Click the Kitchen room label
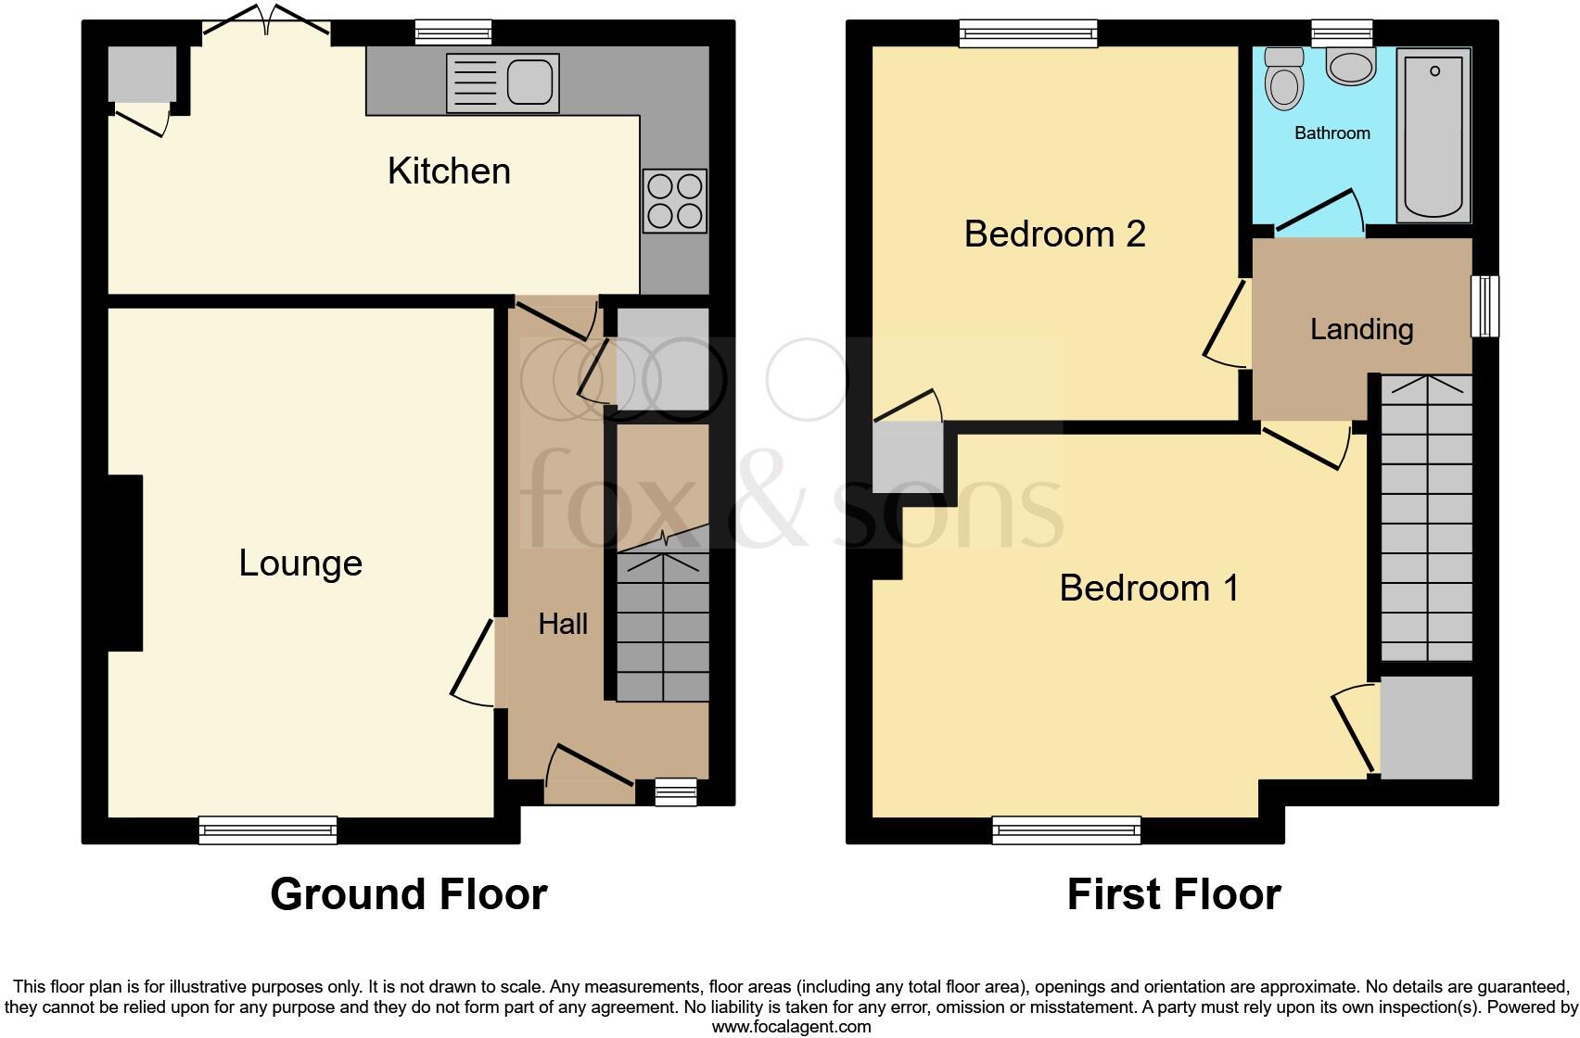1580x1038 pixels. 449,171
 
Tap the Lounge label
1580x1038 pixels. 300,563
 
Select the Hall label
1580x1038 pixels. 563,624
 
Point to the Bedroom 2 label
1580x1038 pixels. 1054,234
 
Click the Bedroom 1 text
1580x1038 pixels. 1149,589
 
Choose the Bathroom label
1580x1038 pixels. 1332,133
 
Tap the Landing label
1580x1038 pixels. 1361,329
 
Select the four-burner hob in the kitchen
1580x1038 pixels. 674,201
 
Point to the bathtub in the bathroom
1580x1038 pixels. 1433,134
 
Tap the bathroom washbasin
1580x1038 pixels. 1351,66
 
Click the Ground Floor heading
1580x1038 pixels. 409,894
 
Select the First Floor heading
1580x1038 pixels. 1174,894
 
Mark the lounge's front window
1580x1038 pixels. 268,829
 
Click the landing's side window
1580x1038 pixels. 1484,307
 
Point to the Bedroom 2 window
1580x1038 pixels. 1028,34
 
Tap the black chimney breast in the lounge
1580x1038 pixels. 125,563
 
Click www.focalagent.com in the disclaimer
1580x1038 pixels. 791,1026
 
